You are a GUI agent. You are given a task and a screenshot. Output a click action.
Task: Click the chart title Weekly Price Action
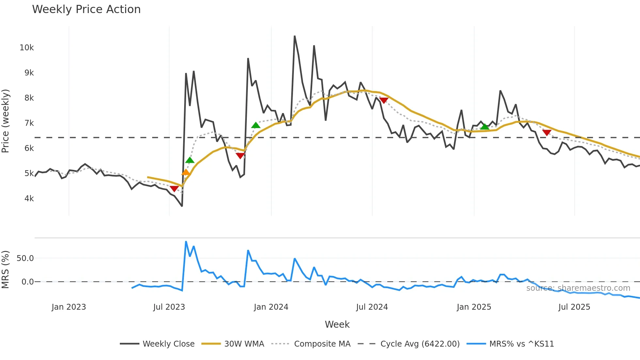tap(86, 9)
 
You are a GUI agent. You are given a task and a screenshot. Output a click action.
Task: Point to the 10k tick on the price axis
tap(27, 48)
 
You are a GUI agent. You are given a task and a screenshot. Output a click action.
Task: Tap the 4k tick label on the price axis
tap(29, 199)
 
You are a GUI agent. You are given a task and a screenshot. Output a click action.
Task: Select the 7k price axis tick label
tap(29, 123)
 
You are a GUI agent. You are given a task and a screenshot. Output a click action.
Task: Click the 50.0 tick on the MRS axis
tap(25, 258)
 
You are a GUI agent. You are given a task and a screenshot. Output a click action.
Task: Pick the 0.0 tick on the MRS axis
tap(27, 282)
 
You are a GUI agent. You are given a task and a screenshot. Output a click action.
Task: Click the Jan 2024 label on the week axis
tap(271, 307)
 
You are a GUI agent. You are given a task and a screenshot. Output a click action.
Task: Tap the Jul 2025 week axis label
tap(574, 307)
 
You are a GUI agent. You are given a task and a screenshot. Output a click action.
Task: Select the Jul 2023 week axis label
tap(169, 307)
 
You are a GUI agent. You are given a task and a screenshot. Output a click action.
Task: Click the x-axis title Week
tap(337, 324)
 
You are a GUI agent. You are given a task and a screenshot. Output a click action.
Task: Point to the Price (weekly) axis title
tap(6, 121)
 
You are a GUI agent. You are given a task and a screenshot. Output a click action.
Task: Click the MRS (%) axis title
tap(6, 270)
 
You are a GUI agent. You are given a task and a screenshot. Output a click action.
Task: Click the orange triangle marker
tap(185, 172)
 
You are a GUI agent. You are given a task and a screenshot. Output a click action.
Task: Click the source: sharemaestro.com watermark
tap(578, 288)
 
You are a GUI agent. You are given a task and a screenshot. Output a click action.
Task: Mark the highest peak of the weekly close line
tap(295, 36)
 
